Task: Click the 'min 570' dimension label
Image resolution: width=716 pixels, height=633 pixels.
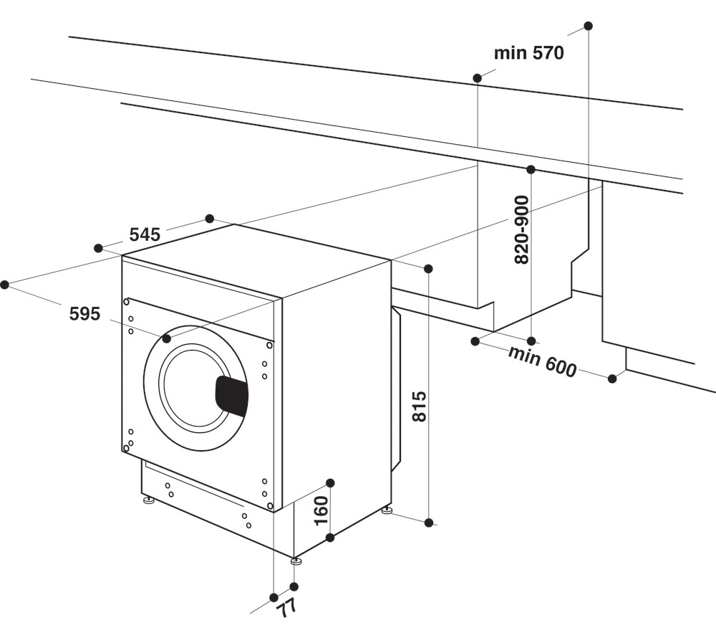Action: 528,52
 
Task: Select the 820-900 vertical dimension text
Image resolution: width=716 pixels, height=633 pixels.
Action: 521,229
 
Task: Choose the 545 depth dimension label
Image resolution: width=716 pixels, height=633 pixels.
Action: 144,234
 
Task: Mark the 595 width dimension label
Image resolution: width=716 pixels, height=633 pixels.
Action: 84,313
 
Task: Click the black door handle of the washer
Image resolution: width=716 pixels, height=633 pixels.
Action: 231,396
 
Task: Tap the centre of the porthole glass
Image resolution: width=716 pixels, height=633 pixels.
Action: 195,387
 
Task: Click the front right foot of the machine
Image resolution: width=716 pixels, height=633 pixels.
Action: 296,561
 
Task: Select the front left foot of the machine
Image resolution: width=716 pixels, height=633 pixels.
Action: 148,500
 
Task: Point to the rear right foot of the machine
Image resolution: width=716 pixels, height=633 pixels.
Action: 387,510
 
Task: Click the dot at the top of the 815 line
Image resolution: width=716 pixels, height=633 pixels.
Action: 428,269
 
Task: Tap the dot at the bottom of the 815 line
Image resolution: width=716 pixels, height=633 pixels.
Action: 429,523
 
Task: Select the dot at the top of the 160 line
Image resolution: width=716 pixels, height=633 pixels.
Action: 330,482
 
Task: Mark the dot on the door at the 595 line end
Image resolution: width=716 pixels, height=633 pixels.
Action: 166,338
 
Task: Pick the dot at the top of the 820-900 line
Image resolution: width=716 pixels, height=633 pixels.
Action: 531,170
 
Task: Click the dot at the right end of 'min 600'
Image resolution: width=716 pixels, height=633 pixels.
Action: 612,379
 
